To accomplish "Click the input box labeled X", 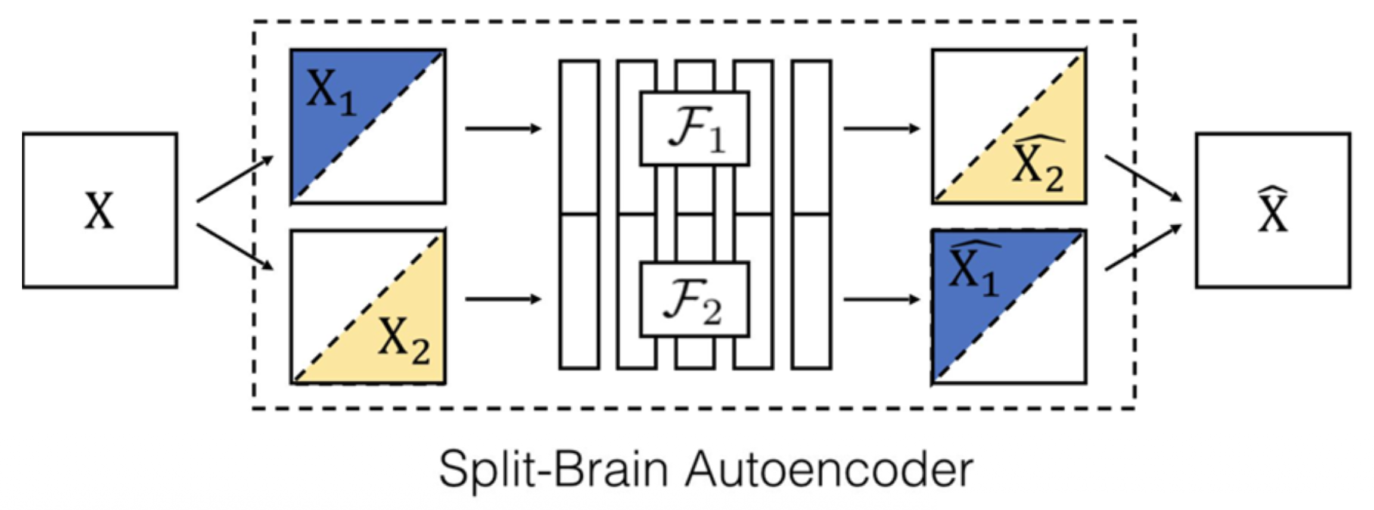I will tap(100, 210).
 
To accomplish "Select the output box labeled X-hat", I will tap(1273, 210).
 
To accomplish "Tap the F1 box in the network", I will tap(695, 129).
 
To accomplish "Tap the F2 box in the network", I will tap(695, 299).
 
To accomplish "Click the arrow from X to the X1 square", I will tap(235, 179).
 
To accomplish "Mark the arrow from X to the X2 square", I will tap(235, 247).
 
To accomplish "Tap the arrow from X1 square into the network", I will tap(503, 128).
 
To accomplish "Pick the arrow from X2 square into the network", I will tap(503, 298).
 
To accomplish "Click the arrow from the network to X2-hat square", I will tap(882, 128).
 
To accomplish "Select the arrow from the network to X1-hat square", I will tap(882, 298).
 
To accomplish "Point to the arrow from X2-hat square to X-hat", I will tap(1143, 179).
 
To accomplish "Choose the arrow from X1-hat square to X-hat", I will tap(1143, 248).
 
